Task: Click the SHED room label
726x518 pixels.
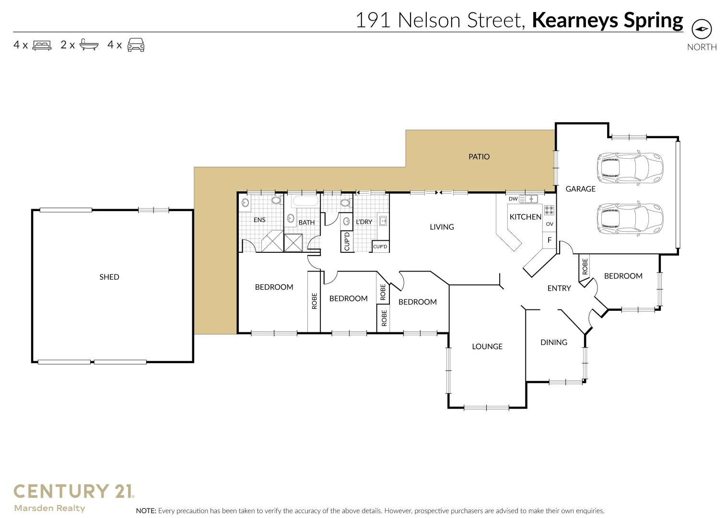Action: [x=109, y=277]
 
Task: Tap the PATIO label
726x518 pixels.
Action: [x=479, y=156]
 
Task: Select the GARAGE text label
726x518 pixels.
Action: [x=580, y=189]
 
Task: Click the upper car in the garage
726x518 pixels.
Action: [x=630, y=168]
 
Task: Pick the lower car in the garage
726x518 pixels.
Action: [x=630, y=219]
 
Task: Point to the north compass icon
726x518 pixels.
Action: [x=702, y=29]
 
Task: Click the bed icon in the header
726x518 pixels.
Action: [x=42, y=45]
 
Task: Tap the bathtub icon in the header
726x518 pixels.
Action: [x=89, y=45]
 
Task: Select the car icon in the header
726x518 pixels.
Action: [x=136, y=45]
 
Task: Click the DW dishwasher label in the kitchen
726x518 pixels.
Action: [x=513, y=199]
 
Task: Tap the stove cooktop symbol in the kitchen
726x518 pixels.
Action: [x=549, y=210]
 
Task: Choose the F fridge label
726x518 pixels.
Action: [x=550, y=240]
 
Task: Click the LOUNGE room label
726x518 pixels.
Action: [x=487, y=346]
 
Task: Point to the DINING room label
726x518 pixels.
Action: [x=553, y=342]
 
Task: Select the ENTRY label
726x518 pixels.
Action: [x=559, y=288]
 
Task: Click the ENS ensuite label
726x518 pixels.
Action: [x=259, y=220]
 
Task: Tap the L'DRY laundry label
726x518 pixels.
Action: [x=363, y=222]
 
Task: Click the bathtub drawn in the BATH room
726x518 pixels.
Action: [x=304, y=201]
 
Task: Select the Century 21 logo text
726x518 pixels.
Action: [x=73, y=492]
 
